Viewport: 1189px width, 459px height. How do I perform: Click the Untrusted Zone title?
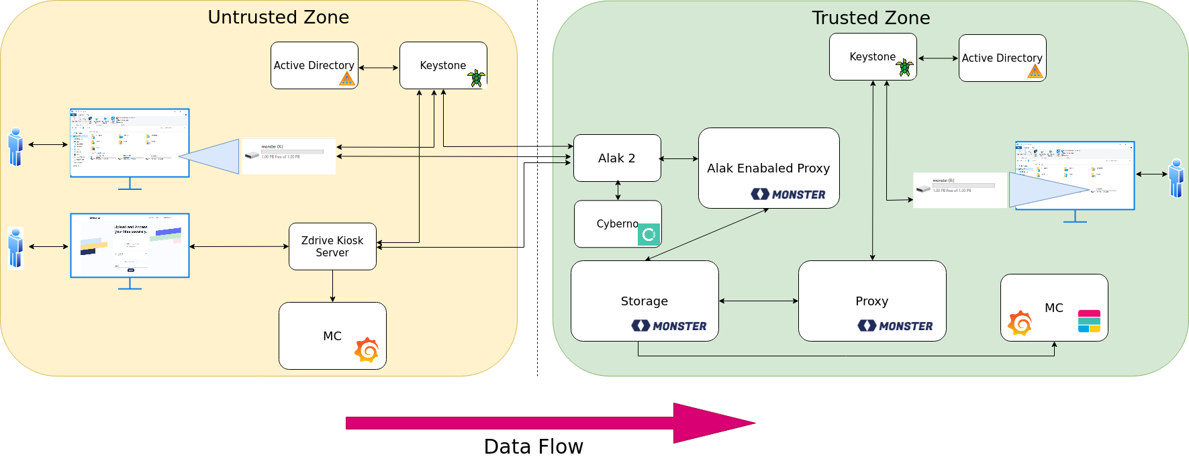(x=278, y=17)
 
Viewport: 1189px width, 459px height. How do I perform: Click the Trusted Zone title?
(x=871, y=18)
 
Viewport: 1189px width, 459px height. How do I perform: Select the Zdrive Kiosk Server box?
(x=332, y=246)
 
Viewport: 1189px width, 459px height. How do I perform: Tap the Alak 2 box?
(x=616, y=158)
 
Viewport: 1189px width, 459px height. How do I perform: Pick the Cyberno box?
(x=608, y=224)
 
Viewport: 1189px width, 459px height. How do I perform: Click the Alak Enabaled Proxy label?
(x=768, y=168)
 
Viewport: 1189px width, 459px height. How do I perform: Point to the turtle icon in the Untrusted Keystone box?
(x=476, y=78)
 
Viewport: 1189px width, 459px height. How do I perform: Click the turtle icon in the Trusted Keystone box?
(x=905, y=67)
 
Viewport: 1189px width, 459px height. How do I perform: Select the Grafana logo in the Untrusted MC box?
(x=367, y=350)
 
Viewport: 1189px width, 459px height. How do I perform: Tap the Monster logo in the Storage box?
(x=669, y=326)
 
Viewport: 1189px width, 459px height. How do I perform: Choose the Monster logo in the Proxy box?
(x=895, y=326)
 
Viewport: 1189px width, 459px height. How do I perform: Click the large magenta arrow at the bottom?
(x=551, y=423)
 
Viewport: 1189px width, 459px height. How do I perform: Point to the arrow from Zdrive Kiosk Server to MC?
(x=332, y=286)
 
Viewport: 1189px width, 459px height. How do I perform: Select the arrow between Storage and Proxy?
(x=758, y=301)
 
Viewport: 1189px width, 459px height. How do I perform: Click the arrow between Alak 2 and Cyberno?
(x=618, y=191)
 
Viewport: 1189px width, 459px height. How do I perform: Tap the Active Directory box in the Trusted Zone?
(x=1002, y=58)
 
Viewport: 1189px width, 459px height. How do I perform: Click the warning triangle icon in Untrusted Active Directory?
(x=346, y=79)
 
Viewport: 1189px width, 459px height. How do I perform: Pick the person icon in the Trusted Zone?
(x=1176, y=178)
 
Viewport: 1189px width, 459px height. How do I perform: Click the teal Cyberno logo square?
(x=649, y=234)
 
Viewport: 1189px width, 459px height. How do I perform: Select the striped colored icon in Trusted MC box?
(x=1089, y=321)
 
